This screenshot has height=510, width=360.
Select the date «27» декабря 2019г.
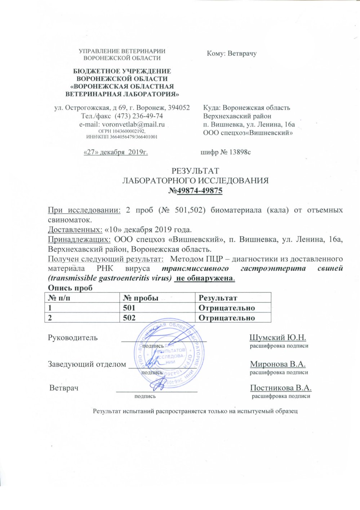[115, 152]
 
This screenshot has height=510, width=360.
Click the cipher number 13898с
[237, 152]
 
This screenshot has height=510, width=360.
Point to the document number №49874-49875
[195, 190]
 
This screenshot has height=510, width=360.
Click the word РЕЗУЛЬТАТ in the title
[195, 171]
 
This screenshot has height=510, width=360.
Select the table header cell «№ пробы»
[141, 298]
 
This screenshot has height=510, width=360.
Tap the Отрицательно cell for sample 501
[227, 308]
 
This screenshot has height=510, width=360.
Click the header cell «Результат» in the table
[218, 298]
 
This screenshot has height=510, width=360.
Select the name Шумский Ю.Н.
[277, 338]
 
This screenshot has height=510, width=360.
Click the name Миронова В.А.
[278, 364]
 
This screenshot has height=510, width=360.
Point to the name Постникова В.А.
[281, 388]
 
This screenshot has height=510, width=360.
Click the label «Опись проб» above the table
[70, 288]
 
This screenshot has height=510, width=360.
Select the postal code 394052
[178, 108]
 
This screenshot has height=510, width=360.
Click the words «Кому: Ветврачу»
[232, 54]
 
